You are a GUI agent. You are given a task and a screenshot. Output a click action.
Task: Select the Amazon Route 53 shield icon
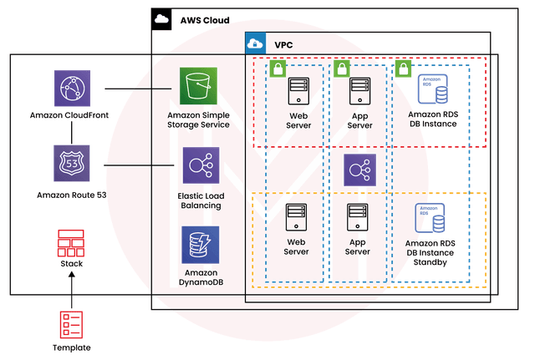tap(71, 163)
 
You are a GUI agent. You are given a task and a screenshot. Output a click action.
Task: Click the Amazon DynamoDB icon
tap(200, 245)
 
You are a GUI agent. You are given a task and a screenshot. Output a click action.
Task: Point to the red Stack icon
tap(70, 243)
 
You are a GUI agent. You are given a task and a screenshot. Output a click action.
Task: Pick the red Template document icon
tap(70, 324)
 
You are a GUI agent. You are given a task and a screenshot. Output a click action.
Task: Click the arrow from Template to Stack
tap(70, 289)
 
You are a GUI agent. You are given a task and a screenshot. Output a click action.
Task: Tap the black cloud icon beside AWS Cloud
tap(162, 18)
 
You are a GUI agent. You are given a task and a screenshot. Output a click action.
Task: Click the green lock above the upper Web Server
tap(278, 69)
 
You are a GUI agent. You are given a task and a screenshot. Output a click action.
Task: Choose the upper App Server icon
tap(359, 90)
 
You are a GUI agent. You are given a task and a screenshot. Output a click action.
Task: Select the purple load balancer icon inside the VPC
tap(359, 170)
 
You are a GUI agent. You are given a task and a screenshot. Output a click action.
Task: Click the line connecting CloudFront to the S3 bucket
tap(138, 88)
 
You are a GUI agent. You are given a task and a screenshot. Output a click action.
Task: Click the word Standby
tap(432, 262)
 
